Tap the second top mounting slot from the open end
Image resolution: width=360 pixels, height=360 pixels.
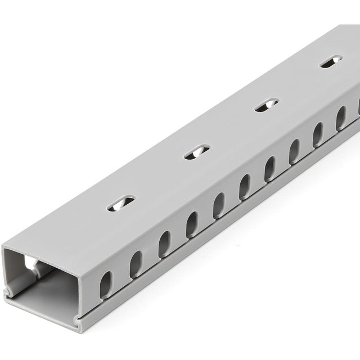click(x=196, y=151)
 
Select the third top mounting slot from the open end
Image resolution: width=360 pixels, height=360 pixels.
click(x=266, y=105)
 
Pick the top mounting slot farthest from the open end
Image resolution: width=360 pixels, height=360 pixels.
click(x=331, y=61)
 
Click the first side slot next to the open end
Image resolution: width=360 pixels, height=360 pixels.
click(x=106, y=285)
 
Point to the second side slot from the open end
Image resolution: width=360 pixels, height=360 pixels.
click(x=136, y=264)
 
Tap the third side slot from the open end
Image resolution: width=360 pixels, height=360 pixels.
click(x=164, y=244)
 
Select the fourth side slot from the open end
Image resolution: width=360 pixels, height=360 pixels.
click(x=192, y=224)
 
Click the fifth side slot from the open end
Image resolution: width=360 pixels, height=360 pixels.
click(x=218, y=205)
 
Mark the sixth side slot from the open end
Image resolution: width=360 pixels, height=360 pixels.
click(x=244, y=187)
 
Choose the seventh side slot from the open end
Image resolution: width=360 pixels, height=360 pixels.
click(x=269, y=169)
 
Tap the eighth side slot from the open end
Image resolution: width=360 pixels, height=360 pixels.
click(x=294, y=151)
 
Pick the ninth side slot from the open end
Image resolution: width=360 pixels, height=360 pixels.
click(x=318, y=134)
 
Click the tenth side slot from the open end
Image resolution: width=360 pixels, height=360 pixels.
click(x=340, y=118)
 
